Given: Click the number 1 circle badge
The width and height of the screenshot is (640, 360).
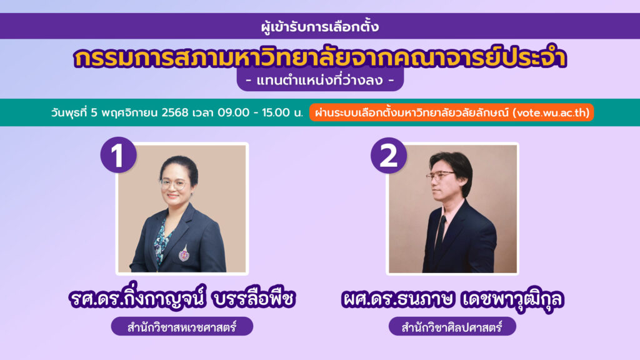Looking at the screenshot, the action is pos(118,155).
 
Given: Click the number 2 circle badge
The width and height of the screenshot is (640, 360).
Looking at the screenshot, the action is pos(389,156).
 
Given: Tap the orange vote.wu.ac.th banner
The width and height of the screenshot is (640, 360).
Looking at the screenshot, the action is pos(451,112).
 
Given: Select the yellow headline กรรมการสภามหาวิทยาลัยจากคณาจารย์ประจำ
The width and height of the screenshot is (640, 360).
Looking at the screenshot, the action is pos(320,57).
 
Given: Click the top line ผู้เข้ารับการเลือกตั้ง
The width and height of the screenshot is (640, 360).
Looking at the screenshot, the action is pos(320,27).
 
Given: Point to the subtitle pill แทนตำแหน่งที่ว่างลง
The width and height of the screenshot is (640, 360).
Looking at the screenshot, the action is pos(320,80).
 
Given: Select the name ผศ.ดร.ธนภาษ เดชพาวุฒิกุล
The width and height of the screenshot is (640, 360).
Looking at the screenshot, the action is pos(452,299).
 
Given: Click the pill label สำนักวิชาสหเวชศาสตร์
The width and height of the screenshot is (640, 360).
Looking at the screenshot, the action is pos(182,326).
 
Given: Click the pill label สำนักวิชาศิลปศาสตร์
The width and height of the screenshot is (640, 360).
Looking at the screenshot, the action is pos(452,326).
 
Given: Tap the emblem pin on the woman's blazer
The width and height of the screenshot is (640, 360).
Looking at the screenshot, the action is pos(184,253).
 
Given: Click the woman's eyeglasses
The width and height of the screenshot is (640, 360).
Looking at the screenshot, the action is pos(175,184).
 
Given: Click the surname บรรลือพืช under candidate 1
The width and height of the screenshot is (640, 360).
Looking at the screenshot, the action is pos(254,298).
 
